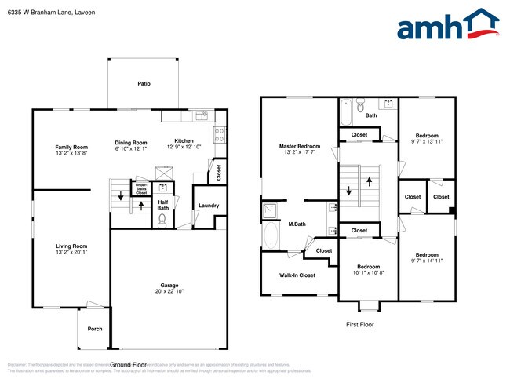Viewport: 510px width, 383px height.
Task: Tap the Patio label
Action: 144,82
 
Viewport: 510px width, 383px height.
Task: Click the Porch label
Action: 95,329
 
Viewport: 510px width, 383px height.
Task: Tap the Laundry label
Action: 208,206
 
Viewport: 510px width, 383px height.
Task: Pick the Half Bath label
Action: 163,205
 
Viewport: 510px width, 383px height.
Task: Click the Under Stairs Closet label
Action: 141,188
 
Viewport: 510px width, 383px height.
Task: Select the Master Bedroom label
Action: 300,147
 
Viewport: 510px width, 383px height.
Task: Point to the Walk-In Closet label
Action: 297,275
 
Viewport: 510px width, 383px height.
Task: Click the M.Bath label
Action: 296,226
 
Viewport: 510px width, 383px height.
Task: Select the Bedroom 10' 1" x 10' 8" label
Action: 369,267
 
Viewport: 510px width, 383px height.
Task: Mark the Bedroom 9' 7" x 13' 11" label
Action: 427,136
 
